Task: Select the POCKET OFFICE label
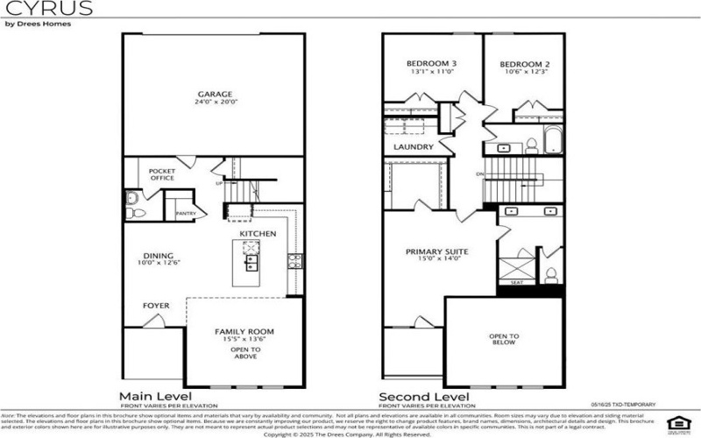pyautogui.click(x=161, y=174)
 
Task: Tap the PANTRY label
pyautogui.click(x=185, y=213)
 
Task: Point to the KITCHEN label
pyautogui.click(x=258, y=234)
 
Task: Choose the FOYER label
pyautogui.click(x=156, y=306)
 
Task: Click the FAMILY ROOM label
pyautogui.click(x=244, y=331)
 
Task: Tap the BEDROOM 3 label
pyautogui.click(x=430, y=64)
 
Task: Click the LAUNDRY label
pyautogui.click(x=414, y=147)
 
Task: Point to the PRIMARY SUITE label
pyautogui.click(x=436, y=252)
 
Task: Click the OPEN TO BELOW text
pyautogui.click(x=504, y=340)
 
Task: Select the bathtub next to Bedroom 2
pyautogui.click(x=556, y=141)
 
